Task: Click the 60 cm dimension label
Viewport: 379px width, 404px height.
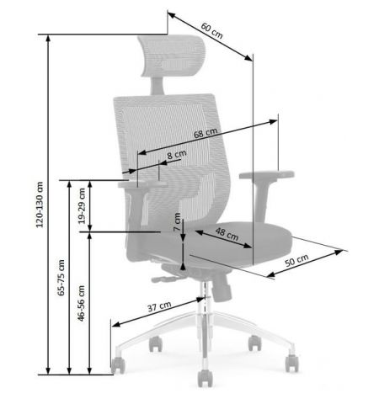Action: click(211, 30)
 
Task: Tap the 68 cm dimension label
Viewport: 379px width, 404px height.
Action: click(206, 133)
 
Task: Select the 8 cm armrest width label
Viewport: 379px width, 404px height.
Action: click(177, 155)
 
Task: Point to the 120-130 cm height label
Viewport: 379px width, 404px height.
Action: click(40, 205)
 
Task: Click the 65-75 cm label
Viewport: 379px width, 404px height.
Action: click(61, 278)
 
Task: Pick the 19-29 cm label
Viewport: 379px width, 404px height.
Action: click(82, 206)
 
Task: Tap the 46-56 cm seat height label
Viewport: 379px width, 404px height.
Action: click(81, 303)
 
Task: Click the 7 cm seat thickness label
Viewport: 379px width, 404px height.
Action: click(177, 222)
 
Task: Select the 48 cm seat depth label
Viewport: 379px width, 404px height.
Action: click(227, 234)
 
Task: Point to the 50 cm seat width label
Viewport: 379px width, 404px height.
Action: click(296, 260)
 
